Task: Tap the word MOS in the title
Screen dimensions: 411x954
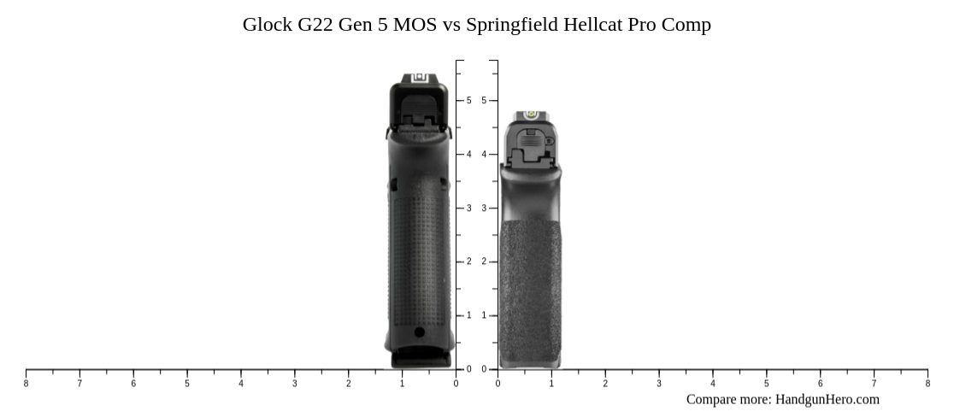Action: pyautogui.click(x=415, y=25)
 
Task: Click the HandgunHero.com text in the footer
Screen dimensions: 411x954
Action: pyautogui.click(x=827, y=399)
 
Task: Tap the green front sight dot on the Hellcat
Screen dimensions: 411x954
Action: pyautogui.click(x=530, y=114)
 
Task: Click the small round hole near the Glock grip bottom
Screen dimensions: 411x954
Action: pyautogui.click(x=419, y=332)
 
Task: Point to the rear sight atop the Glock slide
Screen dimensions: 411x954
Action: pyautogui.click(x=419, y=79)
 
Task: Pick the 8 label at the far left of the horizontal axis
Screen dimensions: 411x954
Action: pyautogui.click(x=26, y=384)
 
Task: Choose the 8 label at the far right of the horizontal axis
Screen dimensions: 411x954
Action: pyautogui.click(x=927, y=384)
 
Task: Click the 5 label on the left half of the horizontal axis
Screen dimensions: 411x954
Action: pyautogui.click(x=187, y=384)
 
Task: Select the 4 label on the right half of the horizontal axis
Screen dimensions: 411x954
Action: pyautogui.click(x=712, y=384)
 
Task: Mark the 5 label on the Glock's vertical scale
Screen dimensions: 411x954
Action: pyautogui.click(x=468, y=101)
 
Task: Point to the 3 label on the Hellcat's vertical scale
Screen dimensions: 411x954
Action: pyautogui.click(x=484, y=208)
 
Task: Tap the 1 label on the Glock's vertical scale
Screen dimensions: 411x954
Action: pyautogui.click(x=468, y=316)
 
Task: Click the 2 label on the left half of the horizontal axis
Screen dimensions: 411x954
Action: pyautogui.click(x=348, y=384)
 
